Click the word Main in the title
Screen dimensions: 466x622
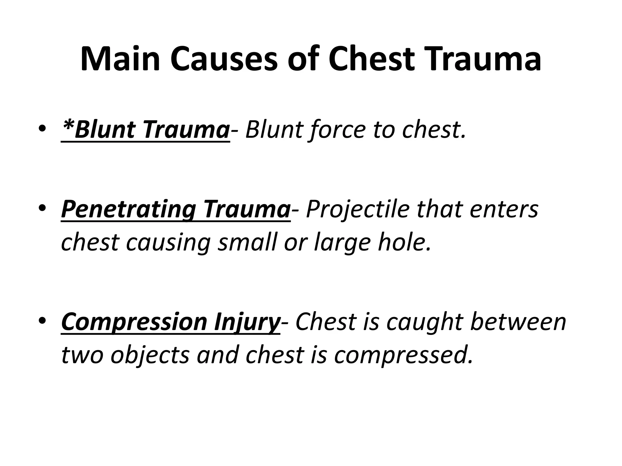click(120, 59)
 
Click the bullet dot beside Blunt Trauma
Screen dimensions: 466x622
click(42, 129)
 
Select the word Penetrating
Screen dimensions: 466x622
click(128, 210)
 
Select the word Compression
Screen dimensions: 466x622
click(134, 323)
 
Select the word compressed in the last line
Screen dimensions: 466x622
click(403, 355)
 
